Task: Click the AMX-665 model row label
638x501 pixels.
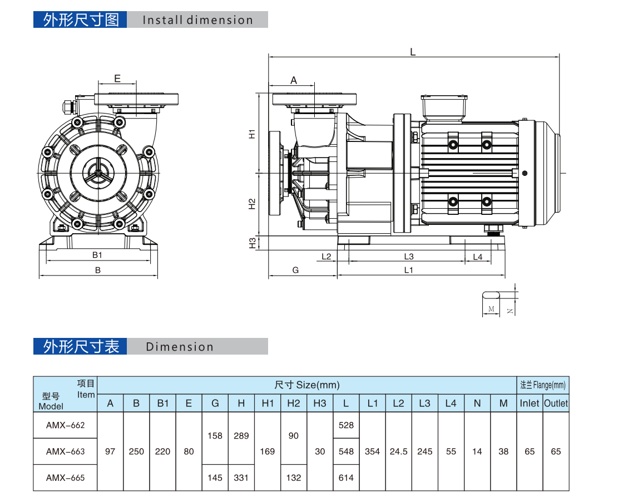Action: click(65, 478)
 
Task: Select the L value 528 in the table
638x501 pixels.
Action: click(346, 425)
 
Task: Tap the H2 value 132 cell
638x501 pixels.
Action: click(294, 478)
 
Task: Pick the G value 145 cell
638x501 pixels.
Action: click(215, 478)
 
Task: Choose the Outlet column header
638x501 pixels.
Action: click(556, 404)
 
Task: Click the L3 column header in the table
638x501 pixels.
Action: click(424, 404)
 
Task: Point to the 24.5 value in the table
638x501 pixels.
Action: click(398, 451)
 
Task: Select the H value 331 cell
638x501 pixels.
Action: click(241, 478)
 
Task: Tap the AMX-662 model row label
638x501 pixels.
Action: click(65, 425)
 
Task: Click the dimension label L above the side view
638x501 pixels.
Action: click(413, 52)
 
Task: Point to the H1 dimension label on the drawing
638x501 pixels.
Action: click(252, 134)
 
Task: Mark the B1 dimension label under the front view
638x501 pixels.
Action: click(97, 255)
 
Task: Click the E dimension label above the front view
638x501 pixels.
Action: click(117, 78)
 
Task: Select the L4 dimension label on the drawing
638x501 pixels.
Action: click(477, 257)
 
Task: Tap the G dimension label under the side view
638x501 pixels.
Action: click(296, 270)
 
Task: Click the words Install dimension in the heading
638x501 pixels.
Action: click(197, 20)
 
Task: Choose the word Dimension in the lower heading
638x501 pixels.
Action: click(180, 347)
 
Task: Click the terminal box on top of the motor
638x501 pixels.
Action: click(444, 107)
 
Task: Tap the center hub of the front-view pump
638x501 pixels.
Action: click(98, 174)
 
